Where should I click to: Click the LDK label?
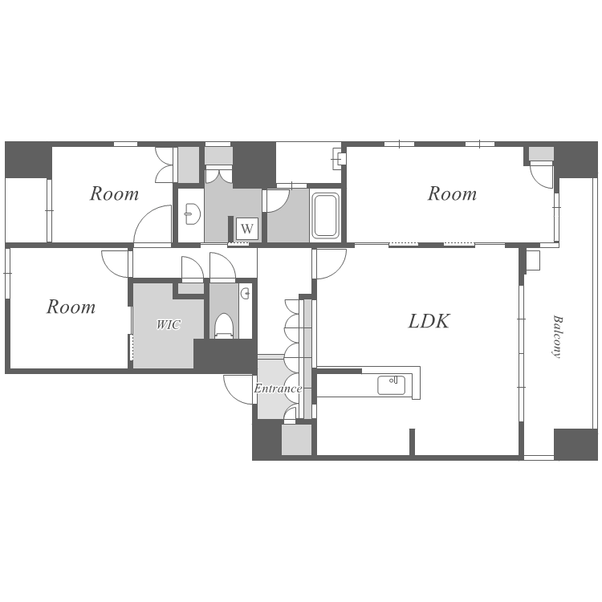[429, 321]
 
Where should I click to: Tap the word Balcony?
[557, 336]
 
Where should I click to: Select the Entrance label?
[278, 388]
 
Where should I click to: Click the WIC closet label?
[169, 325]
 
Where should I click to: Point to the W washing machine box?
[247, 229]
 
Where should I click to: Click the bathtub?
[326, 215]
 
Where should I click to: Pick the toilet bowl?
[224, 326]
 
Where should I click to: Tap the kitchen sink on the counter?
[391, 385]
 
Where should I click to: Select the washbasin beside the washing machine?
[192, 214]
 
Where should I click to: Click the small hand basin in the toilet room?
[246, 294]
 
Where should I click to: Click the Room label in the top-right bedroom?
[452, 193]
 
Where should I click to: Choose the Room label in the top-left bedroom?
[114, 193]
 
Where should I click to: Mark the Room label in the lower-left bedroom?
[71, 307]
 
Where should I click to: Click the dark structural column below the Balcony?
[576, 444]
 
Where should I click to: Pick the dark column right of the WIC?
[226, 356]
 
